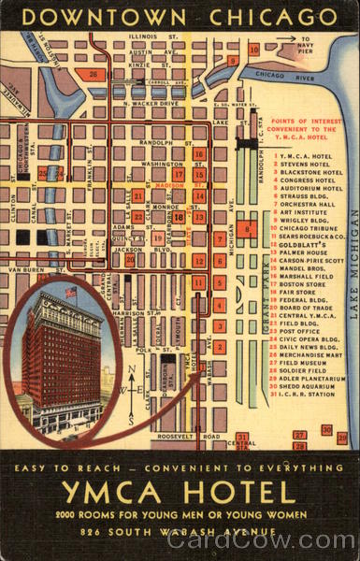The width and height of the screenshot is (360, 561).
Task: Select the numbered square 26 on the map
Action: click(92, 73)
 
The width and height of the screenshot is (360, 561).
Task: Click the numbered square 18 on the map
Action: click(178, 217)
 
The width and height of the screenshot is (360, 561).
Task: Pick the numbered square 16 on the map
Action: click(198, 154)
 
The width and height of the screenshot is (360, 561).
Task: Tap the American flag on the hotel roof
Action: click(71, 293)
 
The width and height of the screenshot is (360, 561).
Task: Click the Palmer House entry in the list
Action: click(300, 252)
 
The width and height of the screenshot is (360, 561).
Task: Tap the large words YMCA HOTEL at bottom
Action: click(179, 491)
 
